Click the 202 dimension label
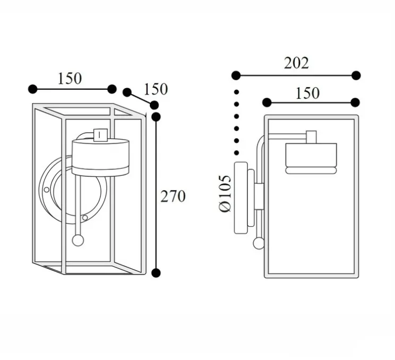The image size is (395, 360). click(296, 63)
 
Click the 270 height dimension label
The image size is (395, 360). click(173, 196)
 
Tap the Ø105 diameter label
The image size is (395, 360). click(225, 193)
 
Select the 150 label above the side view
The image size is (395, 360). click(307, 93)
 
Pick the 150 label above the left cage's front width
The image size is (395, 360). click(70, 79)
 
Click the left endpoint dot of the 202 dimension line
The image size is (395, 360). click(237, 75)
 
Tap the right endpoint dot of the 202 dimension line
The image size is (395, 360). click(356, 75)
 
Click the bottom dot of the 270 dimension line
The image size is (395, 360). click(156, 273)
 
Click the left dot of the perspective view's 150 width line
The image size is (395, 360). click(33, 89)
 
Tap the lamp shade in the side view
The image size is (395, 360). click(311, 158)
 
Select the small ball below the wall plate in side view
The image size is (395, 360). click(259, 244)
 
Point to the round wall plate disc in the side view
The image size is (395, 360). click(242, 198)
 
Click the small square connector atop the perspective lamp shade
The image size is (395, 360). click(99, 134)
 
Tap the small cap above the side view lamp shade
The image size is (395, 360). click(311, 137)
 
